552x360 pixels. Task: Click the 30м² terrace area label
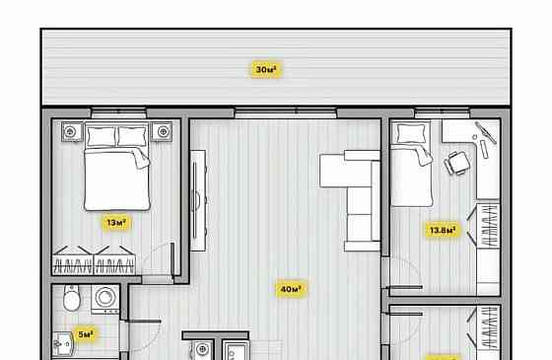(266, 69)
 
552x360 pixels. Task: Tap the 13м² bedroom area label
(116, 223)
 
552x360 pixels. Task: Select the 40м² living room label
(291, 289)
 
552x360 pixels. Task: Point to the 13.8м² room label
(443, 231)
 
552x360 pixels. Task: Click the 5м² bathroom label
(86, 334)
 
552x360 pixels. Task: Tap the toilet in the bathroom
(72, 298)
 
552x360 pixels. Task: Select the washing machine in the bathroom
(104, 299)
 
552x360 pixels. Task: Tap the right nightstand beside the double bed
(162, 132)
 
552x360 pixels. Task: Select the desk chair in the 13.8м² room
(457, 163)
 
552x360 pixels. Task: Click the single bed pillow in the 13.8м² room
(411, 134)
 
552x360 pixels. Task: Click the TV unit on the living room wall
(198, 200)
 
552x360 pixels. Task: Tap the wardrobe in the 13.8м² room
(488, 226)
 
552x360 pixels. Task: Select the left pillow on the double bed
(102, 137)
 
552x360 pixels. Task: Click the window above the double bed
(118, 112)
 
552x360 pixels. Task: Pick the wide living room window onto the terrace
(286, 112)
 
